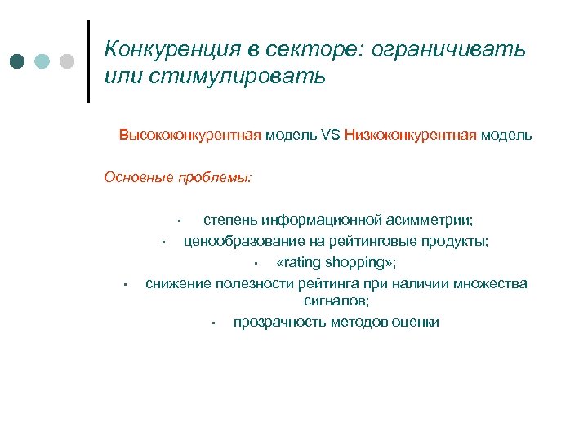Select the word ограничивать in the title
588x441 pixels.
click(x=448, y=51)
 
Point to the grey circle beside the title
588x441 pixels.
click(x=67, y=61)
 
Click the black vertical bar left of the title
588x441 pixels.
click(x=88, y=61)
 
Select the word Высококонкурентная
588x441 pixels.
click(x=190, y=135)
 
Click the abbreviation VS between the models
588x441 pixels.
click(x=331, y=135)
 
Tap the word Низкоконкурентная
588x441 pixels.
click(x=410, y=135)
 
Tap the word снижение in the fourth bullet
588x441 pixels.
click(x=179, y=283)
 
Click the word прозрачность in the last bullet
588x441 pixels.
click(x=280, y=322)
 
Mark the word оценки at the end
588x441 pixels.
click(x=417, y=322)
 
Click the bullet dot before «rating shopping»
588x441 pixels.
click(x=256, y=263)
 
